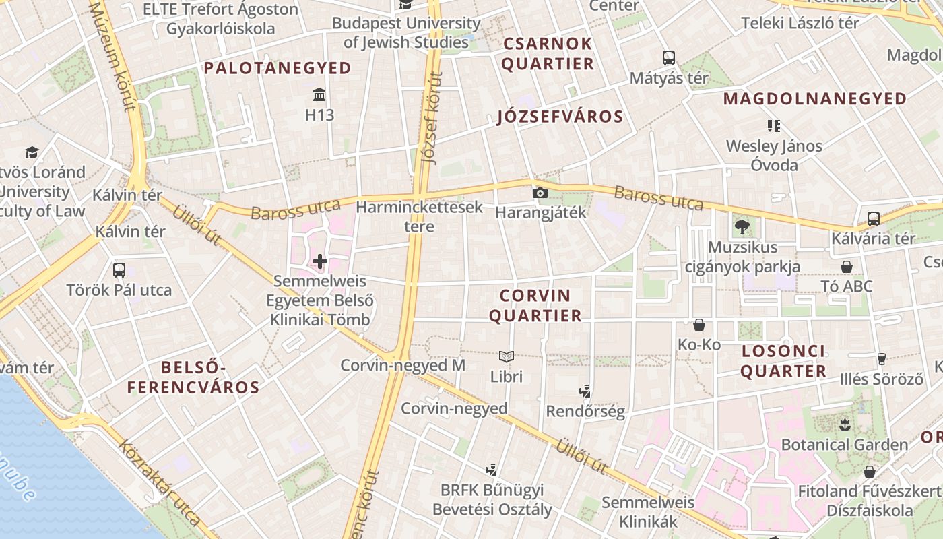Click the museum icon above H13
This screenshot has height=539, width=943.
click(319, 94)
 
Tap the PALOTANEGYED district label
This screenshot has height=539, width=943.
click(278, 68)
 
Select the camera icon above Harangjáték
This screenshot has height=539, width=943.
click(540, 193)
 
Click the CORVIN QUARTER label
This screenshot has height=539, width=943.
click(535, 306)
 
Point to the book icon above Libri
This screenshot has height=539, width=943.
click(507, 356)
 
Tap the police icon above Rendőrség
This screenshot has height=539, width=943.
click(585, 391)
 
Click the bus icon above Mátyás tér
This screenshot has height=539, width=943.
click(669, 58)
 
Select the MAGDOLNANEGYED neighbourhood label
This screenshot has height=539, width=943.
click(815, 99)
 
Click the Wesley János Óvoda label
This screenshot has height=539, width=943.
click(774, 156)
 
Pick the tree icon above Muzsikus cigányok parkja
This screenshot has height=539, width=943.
click(742, 227)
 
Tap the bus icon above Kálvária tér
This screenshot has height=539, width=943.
click(873, 218)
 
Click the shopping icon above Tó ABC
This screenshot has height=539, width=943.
click(847, 267)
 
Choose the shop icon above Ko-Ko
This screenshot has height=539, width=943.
click(699, 325)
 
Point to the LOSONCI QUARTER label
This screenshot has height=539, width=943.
click(783, 361)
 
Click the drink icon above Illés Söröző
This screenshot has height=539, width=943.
click(881, 358)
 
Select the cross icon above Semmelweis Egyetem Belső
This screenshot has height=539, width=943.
click(320, 261)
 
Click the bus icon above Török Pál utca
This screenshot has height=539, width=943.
click(119, 270)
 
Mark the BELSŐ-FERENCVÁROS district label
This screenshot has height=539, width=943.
click(193, 377)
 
